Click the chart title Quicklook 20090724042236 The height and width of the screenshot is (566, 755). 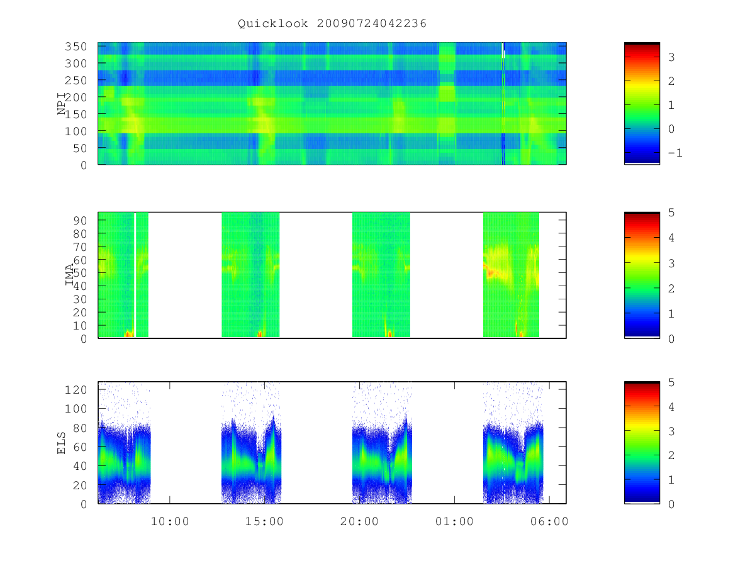tap(332, 24)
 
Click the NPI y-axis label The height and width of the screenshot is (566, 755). tap(61, 104)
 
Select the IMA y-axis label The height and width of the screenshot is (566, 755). tap(69, 274)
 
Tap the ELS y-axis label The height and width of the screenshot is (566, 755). tap(61, 443)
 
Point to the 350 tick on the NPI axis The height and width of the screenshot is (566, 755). tap(75, 47)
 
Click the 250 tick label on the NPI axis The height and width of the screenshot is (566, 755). tap(75, 80)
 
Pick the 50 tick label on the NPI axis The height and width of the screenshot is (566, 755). tap(80, 148)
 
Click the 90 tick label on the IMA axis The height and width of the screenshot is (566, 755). tap(80, 221)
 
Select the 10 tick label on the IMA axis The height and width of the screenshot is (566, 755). tap(80, 325)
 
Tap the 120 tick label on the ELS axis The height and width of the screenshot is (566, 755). tap(75, 390)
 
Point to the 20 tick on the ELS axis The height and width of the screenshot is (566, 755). tap(80, 486)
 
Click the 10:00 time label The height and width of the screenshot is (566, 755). tap(170, 521)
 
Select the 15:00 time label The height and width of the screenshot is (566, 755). tap(264, 521)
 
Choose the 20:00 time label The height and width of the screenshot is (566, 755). tap(359, 521)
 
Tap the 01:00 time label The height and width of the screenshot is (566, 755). tap(454, 521)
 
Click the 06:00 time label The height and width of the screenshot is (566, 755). tap(549, 521)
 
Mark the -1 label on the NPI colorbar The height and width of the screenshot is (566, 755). tap(675, 153)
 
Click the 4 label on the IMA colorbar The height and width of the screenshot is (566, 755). tap(671, 238)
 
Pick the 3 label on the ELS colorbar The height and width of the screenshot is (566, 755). tap(671, 431)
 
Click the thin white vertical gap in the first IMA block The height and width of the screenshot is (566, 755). tap(135, 275)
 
